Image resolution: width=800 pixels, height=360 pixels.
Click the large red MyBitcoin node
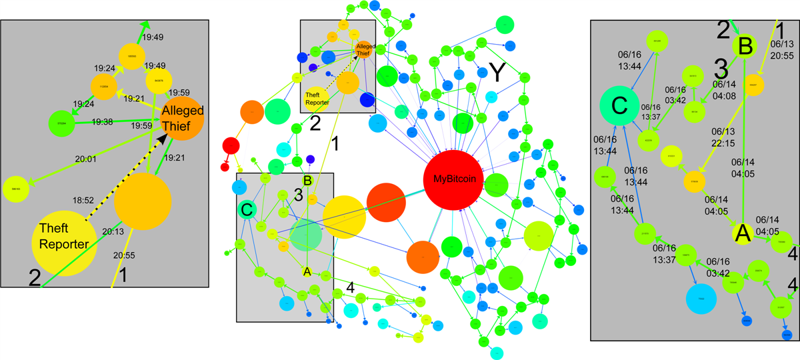click(453, 179)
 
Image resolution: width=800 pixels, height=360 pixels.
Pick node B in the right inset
click(746, 47)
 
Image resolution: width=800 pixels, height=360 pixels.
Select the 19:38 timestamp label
click(103, 122)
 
